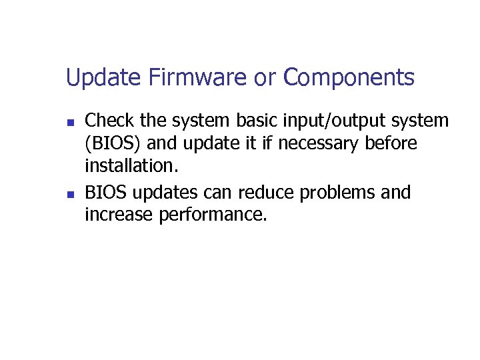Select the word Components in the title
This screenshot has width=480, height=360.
point(349,78)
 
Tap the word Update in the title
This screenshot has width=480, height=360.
point(103,78)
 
